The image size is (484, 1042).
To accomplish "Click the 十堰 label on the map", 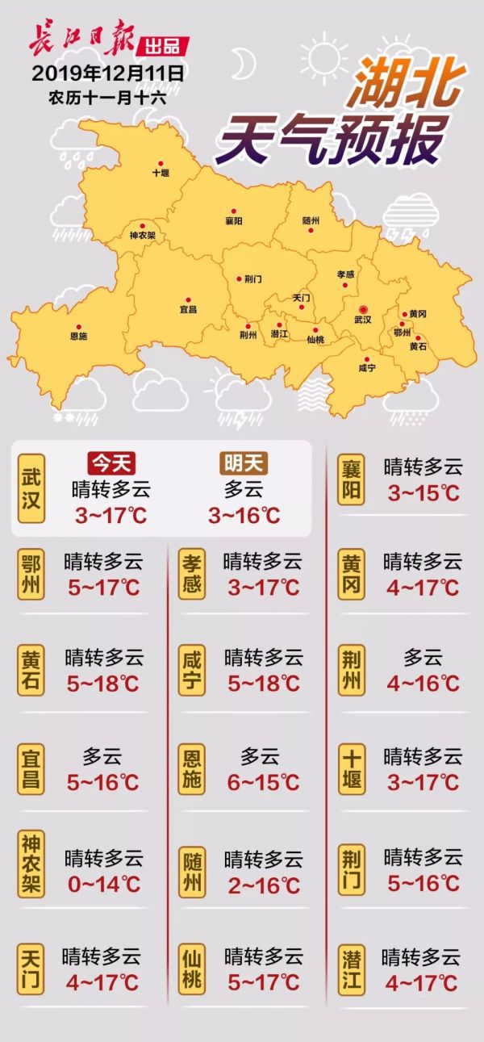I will coord(161,173).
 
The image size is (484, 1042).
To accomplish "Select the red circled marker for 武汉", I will coord(363,309).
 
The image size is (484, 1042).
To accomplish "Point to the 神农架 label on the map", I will coord(142,236).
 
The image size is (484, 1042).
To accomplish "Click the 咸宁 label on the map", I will coord(367,368).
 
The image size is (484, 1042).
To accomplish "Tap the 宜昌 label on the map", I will coord(187,309).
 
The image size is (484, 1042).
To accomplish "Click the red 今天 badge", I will coord(111,462).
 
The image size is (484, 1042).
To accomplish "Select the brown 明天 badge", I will coord(245,462).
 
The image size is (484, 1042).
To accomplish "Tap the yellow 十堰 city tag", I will coord(352,770).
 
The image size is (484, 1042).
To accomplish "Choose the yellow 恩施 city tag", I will coord(192,770).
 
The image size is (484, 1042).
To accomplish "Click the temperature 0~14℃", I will coord(104,884).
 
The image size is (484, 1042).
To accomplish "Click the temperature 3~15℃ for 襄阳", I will coord(423,493).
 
